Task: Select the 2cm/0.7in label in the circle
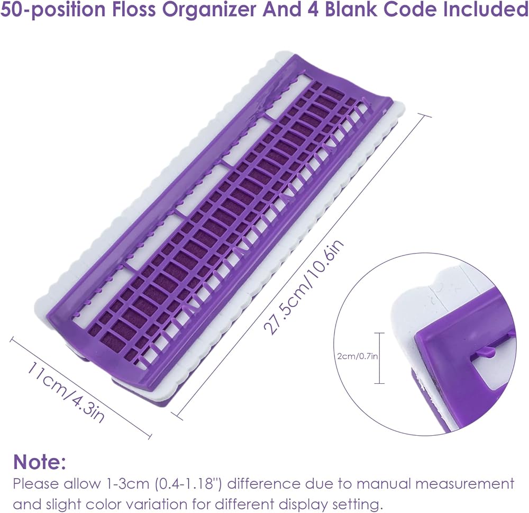click(358, 356)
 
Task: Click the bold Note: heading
click(40, 461)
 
